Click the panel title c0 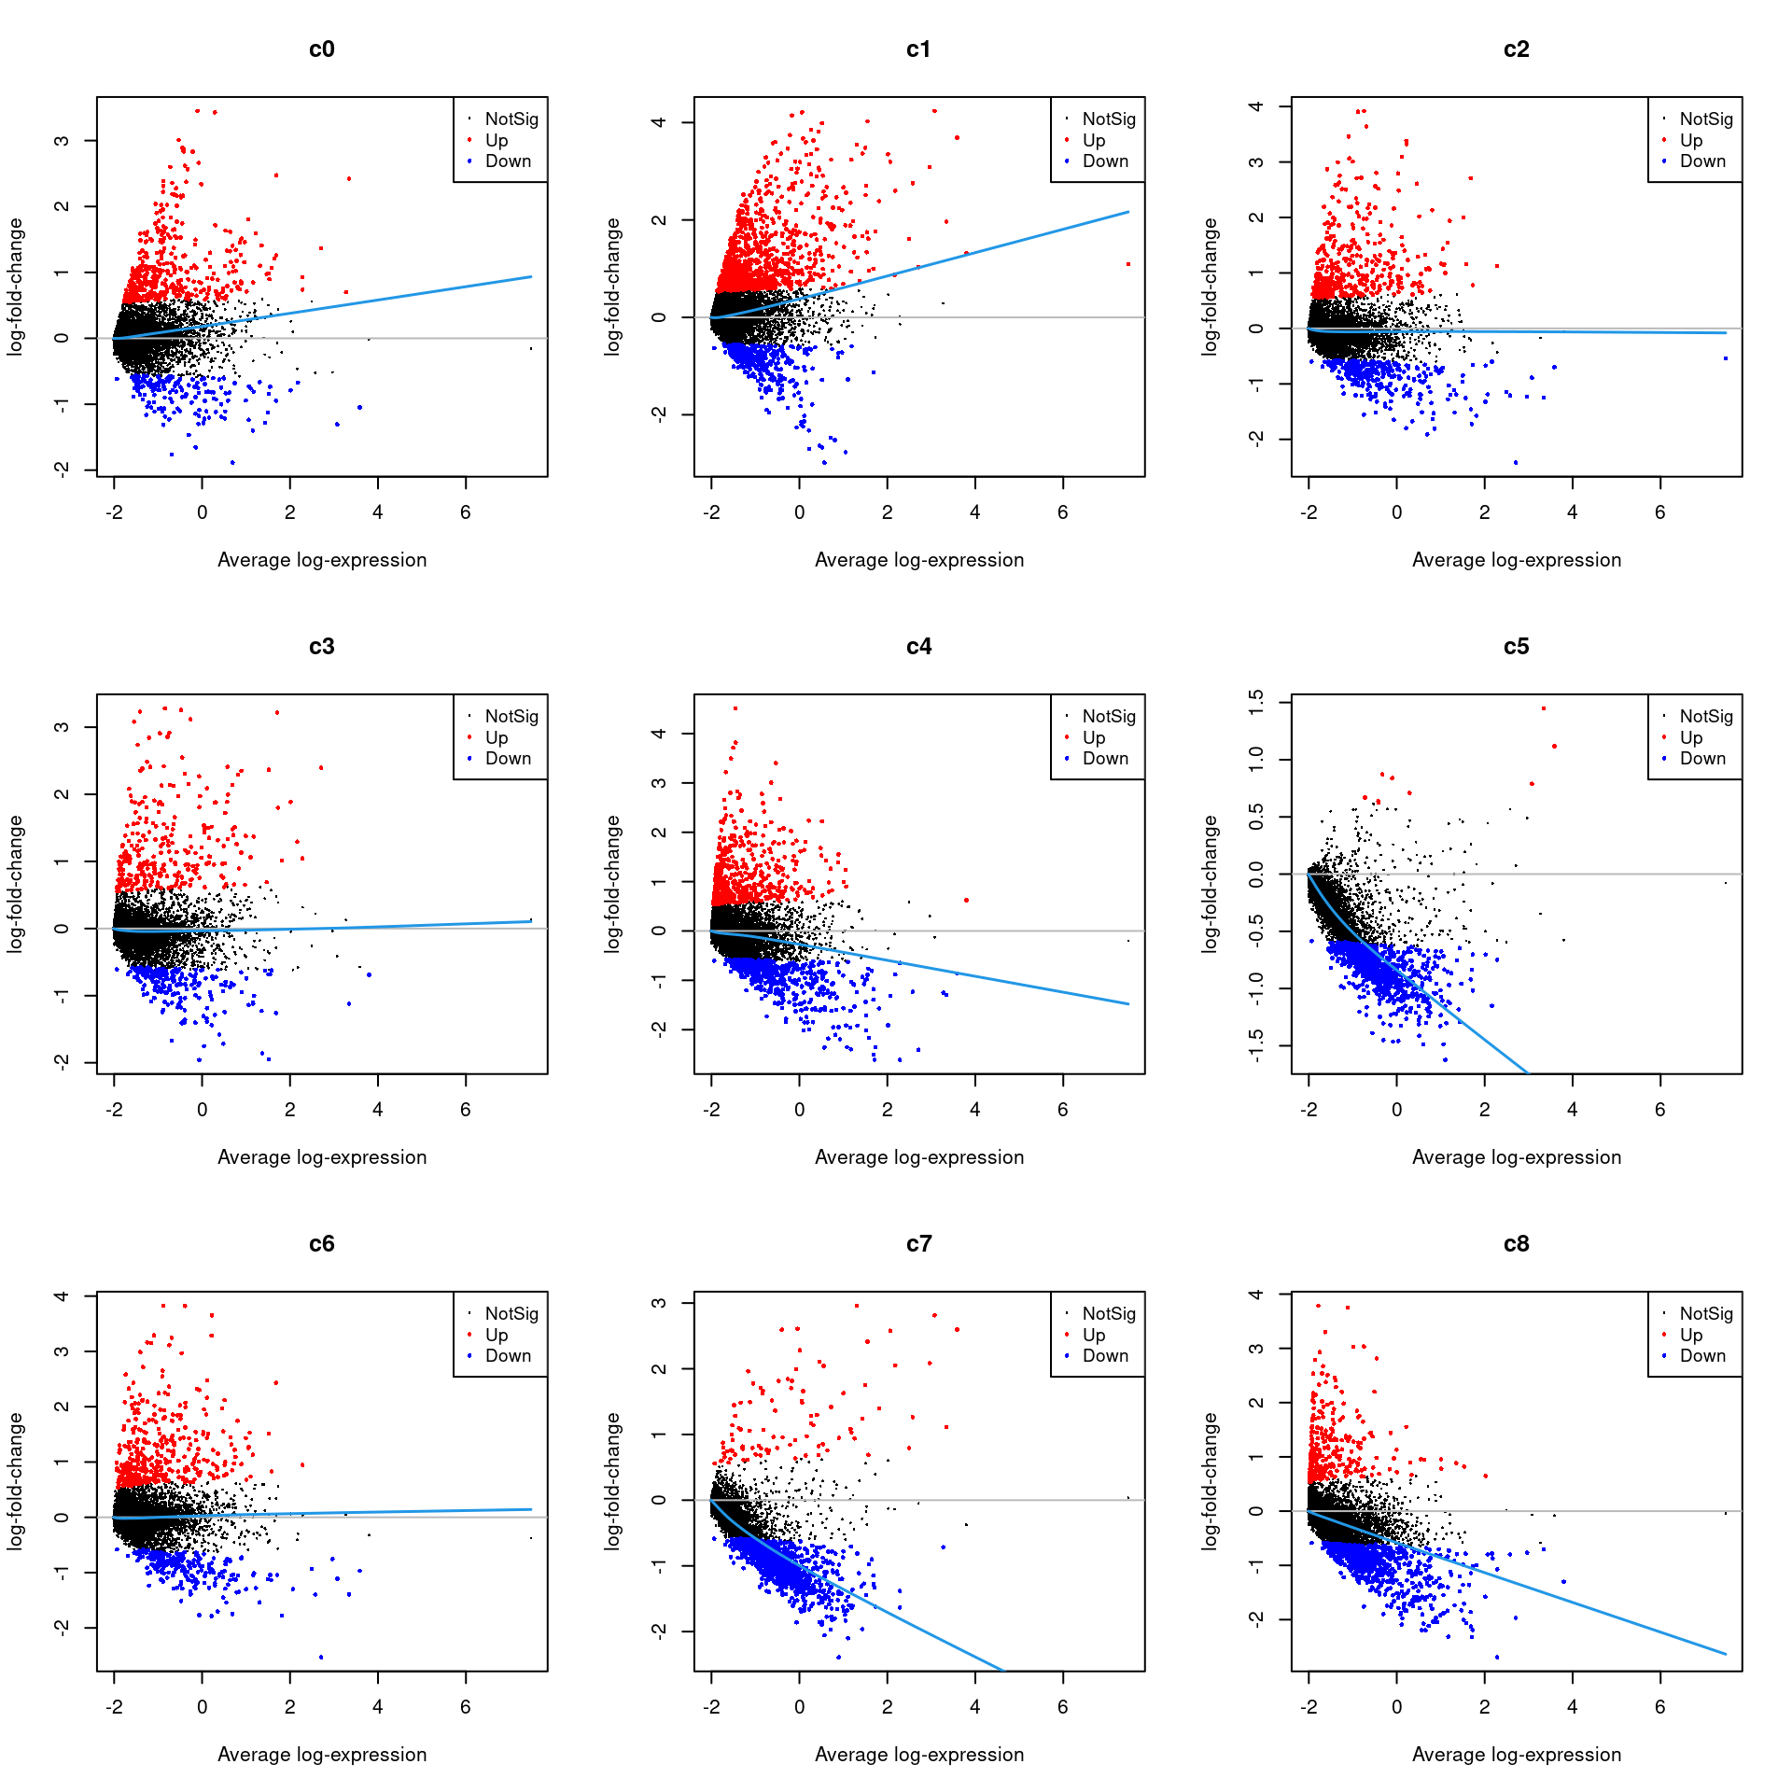point(321,49)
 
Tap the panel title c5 point(1516,647)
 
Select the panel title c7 point(918,1244)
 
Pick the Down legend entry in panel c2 point(1702,161)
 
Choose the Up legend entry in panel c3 point(496,737)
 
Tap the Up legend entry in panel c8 point(1690,1335)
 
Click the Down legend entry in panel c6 point(508,1356)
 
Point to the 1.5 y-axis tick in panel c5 point(1256,702)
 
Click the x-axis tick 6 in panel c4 point(1062,1110)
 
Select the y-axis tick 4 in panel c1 point(659,122)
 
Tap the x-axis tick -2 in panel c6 point(114,1707)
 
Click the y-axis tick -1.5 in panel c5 point(1256,1045)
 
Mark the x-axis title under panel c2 point(1516,560)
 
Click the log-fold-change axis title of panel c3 point(15,884)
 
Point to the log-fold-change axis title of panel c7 point(612,1481)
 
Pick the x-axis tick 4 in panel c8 point(1572,1707)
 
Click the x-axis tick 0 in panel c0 point(202,512)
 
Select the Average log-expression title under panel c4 point(918,1157)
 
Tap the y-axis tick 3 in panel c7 point(659,1303)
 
